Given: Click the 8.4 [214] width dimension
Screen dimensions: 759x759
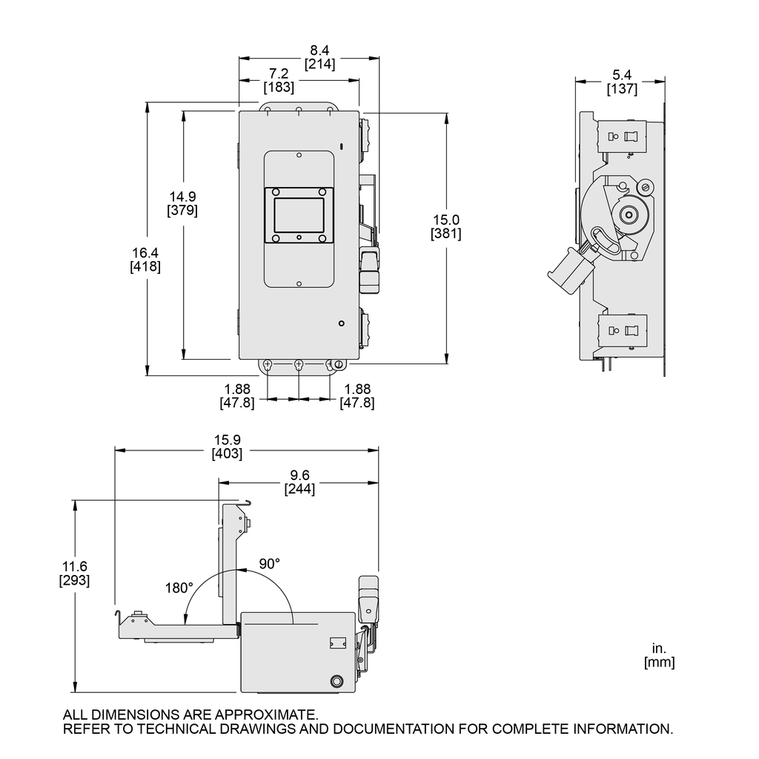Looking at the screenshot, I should pyautogui.click(x=319, y=57).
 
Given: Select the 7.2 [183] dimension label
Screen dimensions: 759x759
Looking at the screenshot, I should pyautogui.click(x=279, y=80).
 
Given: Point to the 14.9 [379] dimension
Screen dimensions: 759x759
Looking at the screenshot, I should pyautogui.click(x=182, y=203).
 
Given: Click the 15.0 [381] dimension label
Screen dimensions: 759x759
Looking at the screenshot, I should pyautogui.click(x=445, y=226).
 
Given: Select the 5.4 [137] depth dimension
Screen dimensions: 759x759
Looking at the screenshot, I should pyautogui.click(x=622, y=82).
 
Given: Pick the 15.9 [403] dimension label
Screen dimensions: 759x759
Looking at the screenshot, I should pyautogui.click(x=227, y=447).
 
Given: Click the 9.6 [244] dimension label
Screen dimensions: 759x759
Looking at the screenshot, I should pyautogui.click(x=299, y=482).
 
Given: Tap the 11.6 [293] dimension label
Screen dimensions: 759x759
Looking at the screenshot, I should pyautogui.click(x=74, y=574).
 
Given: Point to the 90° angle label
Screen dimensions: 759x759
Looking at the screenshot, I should pyautogui.click(x=269, y=563).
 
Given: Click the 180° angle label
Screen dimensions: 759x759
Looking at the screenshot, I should pyautogui.click(x=179, y=587).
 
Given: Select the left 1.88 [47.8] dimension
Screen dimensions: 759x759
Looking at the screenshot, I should pyautogui.click(x=237, y=396).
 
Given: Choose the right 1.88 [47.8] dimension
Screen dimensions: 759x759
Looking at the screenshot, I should pyautogui.click(x=357, y=396).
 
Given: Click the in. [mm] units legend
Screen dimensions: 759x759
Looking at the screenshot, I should pyautogui.click(x=659, y=656).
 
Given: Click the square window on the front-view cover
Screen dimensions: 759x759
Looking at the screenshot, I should pyautogui.click(x=299, y=215).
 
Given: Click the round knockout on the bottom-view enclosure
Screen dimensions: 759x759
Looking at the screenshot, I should pyautogui.click(x=337, y=681).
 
